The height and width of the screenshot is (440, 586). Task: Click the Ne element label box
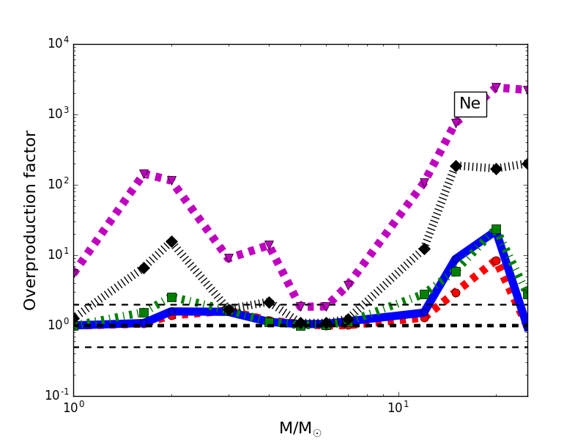(x=470, y=104)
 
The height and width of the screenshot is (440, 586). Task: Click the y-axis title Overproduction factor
(x=30, y=220)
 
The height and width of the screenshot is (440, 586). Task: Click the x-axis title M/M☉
(x=300, y=428)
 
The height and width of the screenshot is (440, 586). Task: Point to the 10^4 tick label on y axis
(x=59, y=44)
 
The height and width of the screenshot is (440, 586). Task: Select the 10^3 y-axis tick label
(x=59, y=114)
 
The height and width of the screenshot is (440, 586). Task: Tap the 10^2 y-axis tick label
(x=59, y=185)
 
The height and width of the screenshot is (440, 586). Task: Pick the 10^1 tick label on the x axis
(x=398, y=408)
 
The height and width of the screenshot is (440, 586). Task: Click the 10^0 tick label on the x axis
(x=73, y=408)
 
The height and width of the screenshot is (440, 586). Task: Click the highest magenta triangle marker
(x=496, y=87)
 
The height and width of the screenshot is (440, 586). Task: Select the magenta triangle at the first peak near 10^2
(x=144, y=175)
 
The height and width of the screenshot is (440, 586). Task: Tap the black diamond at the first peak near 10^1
(x=171, y=241)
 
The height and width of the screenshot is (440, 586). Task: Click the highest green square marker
(x=496, y=229)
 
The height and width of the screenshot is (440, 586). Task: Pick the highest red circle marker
(x=496, y=260)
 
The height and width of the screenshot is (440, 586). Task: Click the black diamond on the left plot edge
(x=74, y=318)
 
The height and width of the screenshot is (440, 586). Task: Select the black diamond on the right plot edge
(x=527, y=164)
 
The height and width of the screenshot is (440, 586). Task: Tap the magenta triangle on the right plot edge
(x=527, y=90)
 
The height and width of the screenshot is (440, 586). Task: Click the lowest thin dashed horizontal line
(x=293, y=347)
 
